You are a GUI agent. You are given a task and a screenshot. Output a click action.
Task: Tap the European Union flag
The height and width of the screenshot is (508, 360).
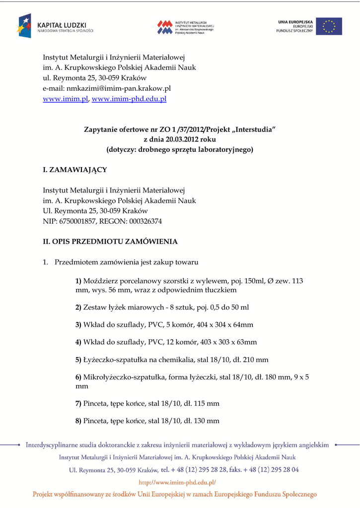tap(329, 26)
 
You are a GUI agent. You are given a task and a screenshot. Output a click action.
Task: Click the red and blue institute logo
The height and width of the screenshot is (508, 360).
tap(165, 27)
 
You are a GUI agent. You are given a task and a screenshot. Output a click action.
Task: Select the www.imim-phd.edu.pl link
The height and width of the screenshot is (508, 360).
tap(129, 99)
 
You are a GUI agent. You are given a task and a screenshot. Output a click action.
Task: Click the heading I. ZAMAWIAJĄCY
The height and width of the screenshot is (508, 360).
tap(74, 170)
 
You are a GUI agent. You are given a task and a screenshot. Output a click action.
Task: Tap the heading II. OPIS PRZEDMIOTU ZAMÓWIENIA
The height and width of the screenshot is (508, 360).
tap(110, 242)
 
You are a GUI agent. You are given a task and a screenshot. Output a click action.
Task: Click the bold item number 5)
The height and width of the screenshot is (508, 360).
tap(78, 359)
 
